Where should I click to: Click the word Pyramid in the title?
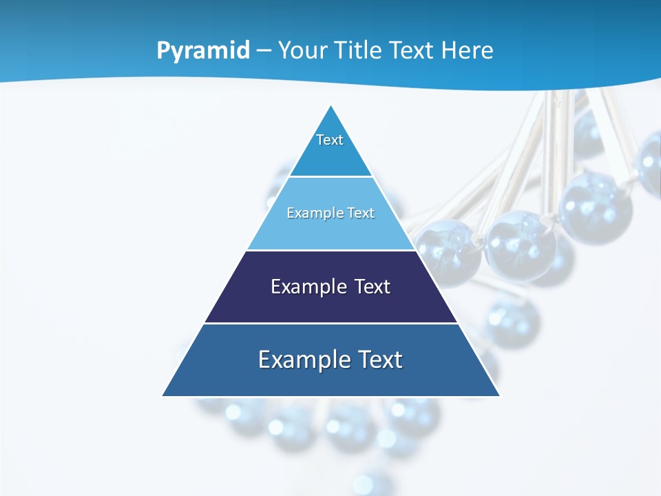(x=203, y=51)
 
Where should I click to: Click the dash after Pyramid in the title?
(x=264, y=51)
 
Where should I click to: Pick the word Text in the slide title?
(x=413, y=50)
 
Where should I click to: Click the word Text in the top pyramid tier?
(x=330, y=140)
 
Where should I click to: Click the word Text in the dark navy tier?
(x=372, y=287)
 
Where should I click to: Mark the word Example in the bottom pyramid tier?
(x=299, y=360)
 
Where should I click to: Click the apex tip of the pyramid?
(x=331, y=106)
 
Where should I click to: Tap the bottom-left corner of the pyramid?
(x=163, y=395)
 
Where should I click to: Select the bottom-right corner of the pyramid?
(x=499, y=395)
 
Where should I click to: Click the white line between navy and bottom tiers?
(x=331, y=323)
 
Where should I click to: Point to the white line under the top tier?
(x=331, y=177)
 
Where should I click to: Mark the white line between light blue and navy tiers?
(x=331, y=250)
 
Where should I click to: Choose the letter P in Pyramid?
(x=163, y=51)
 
